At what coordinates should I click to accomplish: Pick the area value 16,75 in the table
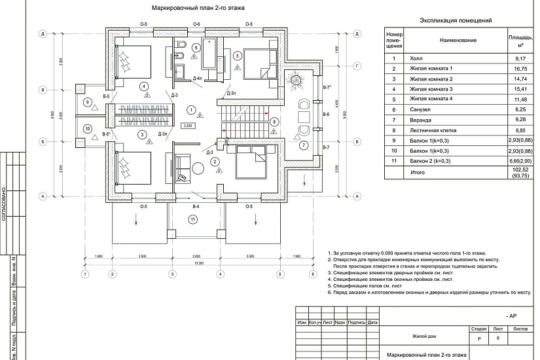point(521,68)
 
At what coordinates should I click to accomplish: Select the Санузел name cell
point(420,109)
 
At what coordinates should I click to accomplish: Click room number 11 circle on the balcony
point(193,219)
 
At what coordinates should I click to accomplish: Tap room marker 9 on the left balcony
point(87,101)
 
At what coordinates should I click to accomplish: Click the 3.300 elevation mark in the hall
point(188,125)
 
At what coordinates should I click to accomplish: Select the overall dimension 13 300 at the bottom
point(197,262)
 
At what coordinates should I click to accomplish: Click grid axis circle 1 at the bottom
point(84,274)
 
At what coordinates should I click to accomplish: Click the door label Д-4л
point(198,79)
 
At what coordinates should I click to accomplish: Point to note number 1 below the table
point(331,252)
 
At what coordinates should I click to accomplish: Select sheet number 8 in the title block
point(498,338)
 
